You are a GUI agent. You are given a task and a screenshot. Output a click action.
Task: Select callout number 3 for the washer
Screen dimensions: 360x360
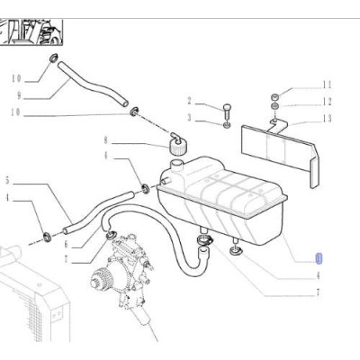pyautogui.click(x=190, y=117)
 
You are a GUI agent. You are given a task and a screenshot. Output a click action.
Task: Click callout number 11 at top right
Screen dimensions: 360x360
pyautogui.click(x=328, y=85)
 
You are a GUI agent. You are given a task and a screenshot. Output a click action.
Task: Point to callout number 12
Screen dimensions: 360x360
pyautogui.click(x=328, y=101)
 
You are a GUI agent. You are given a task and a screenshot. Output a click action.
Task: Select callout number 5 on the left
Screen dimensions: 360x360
pyautogui.click(x=8, y=180)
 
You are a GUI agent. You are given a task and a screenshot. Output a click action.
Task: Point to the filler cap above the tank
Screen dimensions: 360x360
pyautogui.click(x=177, y=144)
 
